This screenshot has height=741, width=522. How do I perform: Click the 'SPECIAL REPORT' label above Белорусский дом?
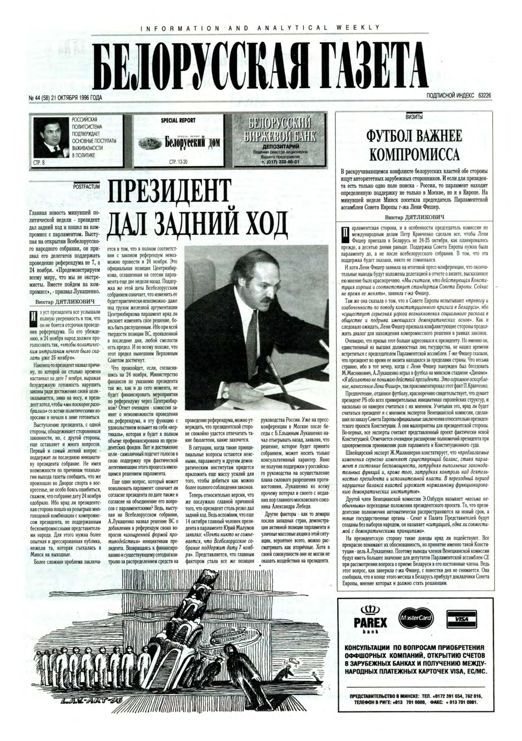pos(179,121)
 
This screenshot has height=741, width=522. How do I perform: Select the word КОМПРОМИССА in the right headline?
pos(415,155)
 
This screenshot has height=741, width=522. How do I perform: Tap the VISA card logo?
pos(460,618)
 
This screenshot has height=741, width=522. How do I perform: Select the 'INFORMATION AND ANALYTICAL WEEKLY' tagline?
pos(259,27)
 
